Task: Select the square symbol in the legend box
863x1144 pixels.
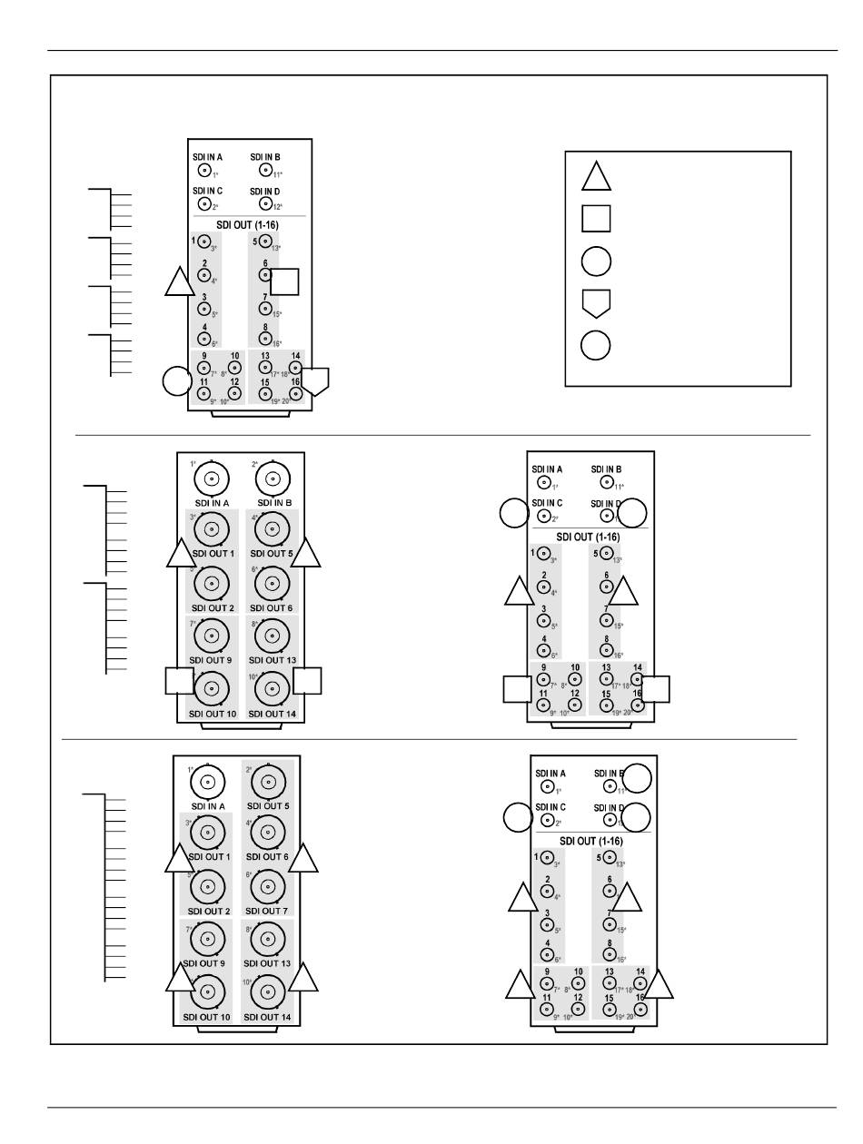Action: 596,219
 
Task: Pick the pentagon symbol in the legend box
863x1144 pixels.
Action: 596,303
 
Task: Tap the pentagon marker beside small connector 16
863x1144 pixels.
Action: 314,380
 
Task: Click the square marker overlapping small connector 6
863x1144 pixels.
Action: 284,281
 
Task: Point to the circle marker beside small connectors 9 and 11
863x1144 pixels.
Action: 175,381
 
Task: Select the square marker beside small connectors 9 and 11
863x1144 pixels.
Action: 516,690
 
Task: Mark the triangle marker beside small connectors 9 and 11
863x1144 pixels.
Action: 520,986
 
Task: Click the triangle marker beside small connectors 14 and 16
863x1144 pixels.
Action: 660,986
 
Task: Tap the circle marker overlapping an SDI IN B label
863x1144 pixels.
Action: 637,778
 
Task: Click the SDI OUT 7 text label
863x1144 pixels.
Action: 267,911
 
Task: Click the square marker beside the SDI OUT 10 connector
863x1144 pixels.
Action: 179,681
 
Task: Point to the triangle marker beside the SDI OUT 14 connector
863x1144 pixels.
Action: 303,978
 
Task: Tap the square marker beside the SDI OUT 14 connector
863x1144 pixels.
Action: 308,681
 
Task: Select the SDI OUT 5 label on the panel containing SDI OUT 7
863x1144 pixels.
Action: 267,805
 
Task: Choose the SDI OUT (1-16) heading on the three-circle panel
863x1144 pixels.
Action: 590,841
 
